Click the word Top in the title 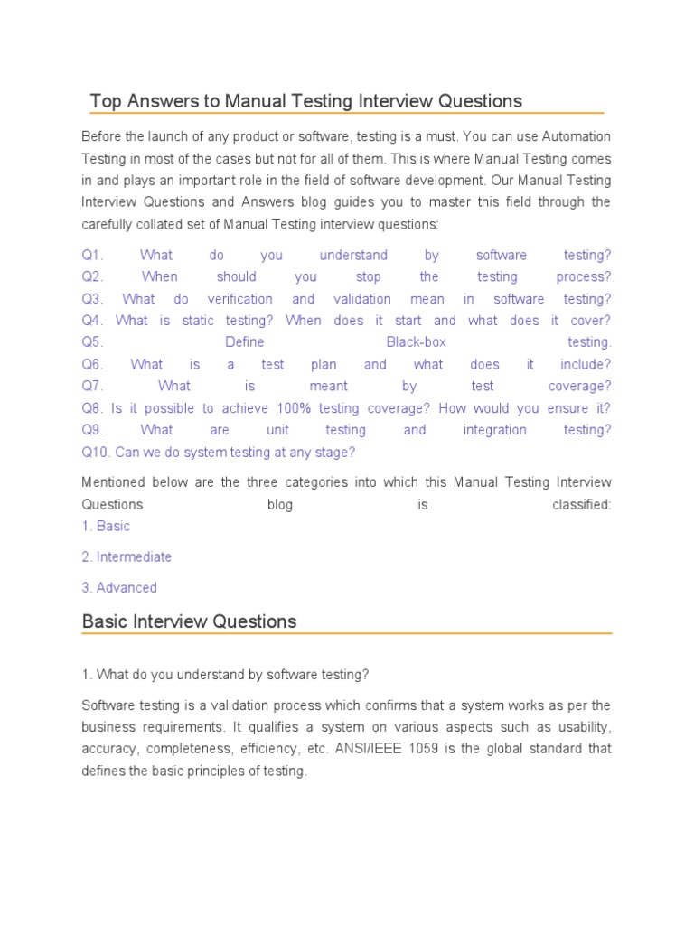pyautogui.click(x=106, y=101)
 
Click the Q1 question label pyautogui.click(x=93, y=256)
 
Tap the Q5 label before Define pyautogui.click(x=93, y=342)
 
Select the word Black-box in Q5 pyautogui.click(x=416, y=342)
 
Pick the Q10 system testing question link pyautogui.click(x=218, y=452)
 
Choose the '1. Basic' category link pyautogui.click(x=106, y=526)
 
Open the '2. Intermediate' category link pyautogui.click(x=127, y=556)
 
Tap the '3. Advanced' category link pyautogui.click(x=119, y=587)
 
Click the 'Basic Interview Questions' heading pyautogui.click(x=189, y=621)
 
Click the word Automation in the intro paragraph pyautogui.click(x=574, y=136)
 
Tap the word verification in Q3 pyautogui.click(x=239, y=299)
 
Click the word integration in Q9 pyautogui.click(x=494, y=430)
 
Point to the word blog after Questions pyautogui.click(x=280, y=504)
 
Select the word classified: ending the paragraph pyautogui.click(x=581, y=504)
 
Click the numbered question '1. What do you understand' pyautogui.click(x=225, y=674)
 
